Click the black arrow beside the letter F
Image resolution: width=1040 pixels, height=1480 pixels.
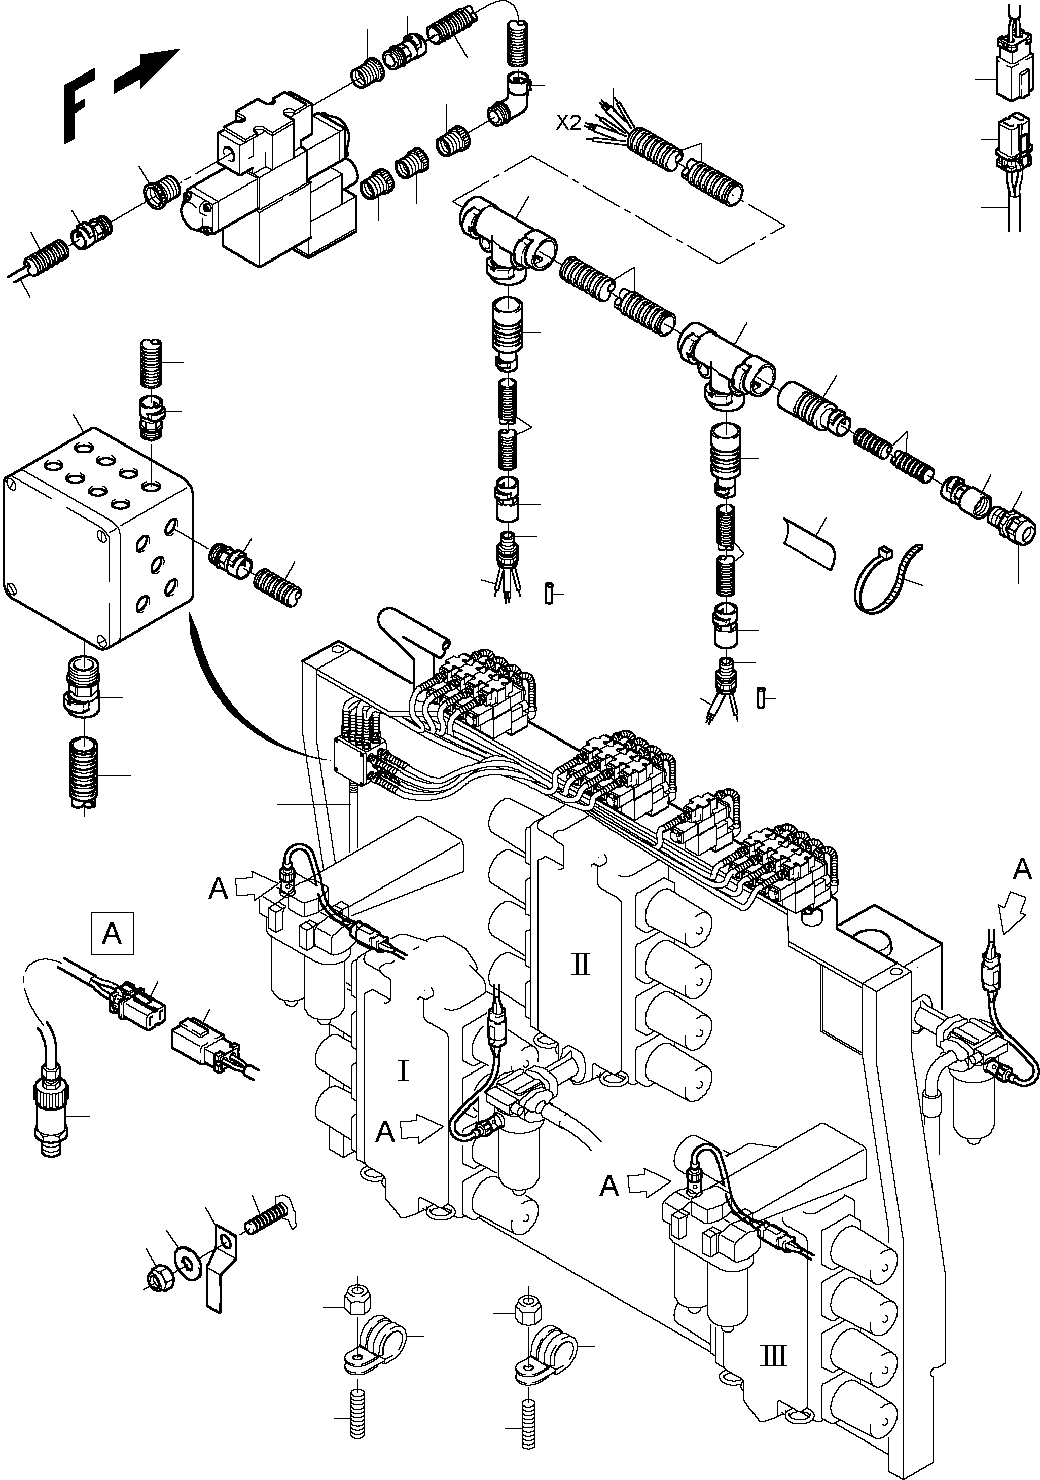(x=147, y=69)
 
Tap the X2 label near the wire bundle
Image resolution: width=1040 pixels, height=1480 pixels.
(x=569, y=123)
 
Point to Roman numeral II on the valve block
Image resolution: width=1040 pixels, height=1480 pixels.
(x=580, y=965)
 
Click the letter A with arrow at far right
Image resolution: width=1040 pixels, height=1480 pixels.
(x=1021, y=870)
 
